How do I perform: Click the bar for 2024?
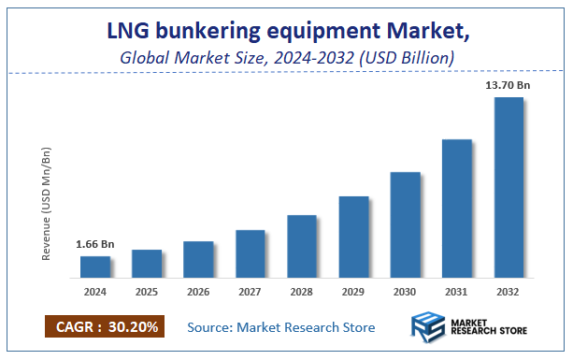94,266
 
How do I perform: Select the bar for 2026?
198,259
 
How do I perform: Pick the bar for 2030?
405,224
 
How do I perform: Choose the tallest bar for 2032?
508,187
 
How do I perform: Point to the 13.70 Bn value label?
508,86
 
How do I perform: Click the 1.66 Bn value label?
94,245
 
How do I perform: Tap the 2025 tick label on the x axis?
147,292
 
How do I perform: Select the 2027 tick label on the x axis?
250,292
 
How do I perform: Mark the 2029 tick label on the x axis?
353,292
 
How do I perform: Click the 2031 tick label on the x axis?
456,292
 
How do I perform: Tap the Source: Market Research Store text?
280,327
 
